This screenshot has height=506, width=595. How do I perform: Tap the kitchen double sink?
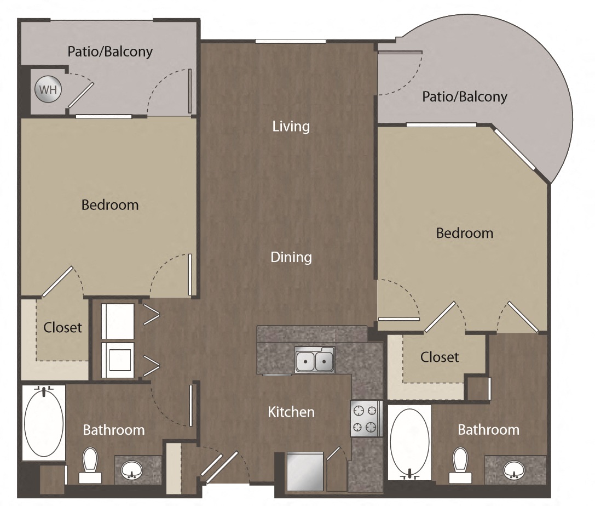click(314, 361)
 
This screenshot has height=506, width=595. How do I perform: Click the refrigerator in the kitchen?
click(305, 471)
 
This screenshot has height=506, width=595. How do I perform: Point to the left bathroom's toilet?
click(89, 465)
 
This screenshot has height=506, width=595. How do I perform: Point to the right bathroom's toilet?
click(460, 465)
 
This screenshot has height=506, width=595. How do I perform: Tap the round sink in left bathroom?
click(130, 470)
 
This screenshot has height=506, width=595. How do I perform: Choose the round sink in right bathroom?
click(513, 469)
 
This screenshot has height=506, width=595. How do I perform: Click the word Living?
click(291, 127)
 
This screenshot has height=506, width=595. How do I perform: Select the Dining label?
click(291, 257)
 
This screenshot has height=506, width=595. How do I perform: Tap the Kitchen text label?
click(291, 412)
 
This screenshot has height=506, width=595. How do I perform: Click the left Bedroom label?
click(110, 205)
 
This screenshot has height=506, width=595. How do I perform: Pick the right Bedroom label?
click(464, 233)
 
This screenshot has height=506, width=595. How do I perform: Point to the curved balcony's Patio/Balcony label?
click(464, 97)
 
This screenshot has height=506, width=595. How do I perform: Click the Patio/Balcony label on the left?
click(110, 52)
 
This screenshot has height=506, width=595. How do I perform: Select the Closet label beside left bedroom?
click(62, 328)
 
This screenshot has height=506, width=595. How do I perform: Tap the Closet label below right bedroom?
click(440, 357)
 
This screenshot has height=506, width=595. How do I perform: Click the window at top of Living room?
click(290, 41)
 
